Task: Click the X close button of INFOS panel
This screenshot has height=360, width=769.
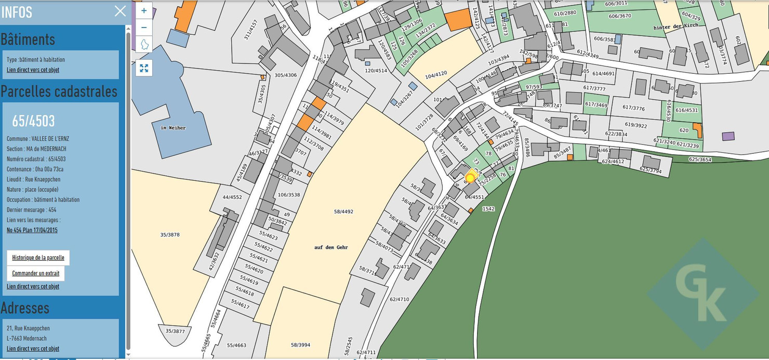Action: [120, 11]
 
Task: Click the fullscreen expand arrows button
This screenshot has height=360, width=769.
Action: [144, 68]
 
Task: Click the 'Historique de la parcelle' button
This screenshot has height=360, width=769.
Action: [38, 258]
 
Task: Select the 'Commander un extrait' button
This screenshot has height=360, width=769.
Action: [36, 273]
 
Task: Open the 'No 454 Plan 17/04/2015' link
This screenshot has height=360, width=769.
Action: [32, 230]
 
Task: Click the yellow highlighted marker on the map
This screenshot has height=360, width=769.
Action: [471, 178]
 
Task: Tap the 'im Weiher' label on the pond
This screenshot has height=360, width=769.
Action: [173, 127]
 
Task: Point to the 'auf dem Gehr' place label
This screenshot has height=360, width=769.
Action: [331, 247]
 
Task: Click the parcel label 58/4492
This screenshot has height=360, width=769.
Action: [343, 211]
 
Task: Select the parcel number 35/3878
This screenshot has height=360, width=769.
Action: [170, 235]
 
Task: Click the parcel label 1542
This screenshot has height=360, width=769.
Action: [488, 208]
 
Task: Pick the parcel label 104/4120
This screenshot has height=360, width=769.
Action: [436, 74]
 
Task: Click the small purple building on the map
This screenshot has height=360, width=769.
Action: [728, 136]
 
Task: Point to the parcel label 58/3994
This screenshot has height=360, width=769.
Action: [300, 345]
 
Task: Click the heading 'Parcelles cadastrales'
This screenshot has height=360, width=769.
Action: [59, 91]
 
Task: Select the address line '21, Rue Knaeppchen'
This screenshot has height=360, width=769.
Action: [29, 328]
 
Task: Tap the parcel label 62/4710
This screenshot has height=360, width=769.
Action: [400, 299]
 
